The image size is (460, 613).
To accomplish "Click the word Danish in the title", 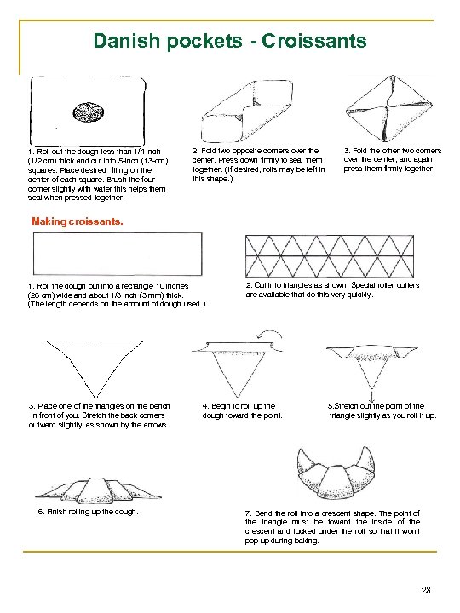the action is [x=127, y=41].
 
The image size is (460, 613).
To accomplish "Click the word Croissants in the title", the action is [x=314, y=41].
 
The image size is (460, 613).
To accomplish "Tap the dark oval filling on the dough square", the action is [x=89, y=112].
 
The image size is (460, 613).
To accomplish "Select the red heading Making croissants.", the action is [x=78, y=221].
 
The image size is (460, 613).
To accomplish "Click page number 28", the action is [x=426, y=590].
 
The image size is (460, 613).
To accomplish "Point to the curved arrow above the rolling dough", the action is [x=270, y=332].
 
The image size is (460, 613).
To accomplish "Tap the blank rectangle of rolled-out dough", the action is [x=118, y=254].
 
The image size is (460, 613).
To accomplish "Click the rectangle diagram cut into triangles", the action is [x=330, y=256].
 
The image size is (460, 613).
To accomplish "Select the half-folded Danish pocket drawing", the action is [x=247, y=112].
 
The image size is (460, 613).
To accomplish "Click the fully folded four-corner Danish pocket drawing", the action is [x=389, y=108].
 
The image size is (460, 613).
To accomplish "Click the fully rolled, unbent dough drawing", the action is [x=98, y=490].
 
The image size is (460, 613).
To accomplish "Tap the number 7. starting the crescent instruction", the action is [x=248, y=513].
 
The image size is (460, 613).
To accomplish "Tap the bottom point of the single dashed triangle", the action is [x=95, y=398].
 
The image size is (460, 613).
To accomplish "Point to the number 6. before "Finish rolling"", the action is [x=41, y=512].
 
